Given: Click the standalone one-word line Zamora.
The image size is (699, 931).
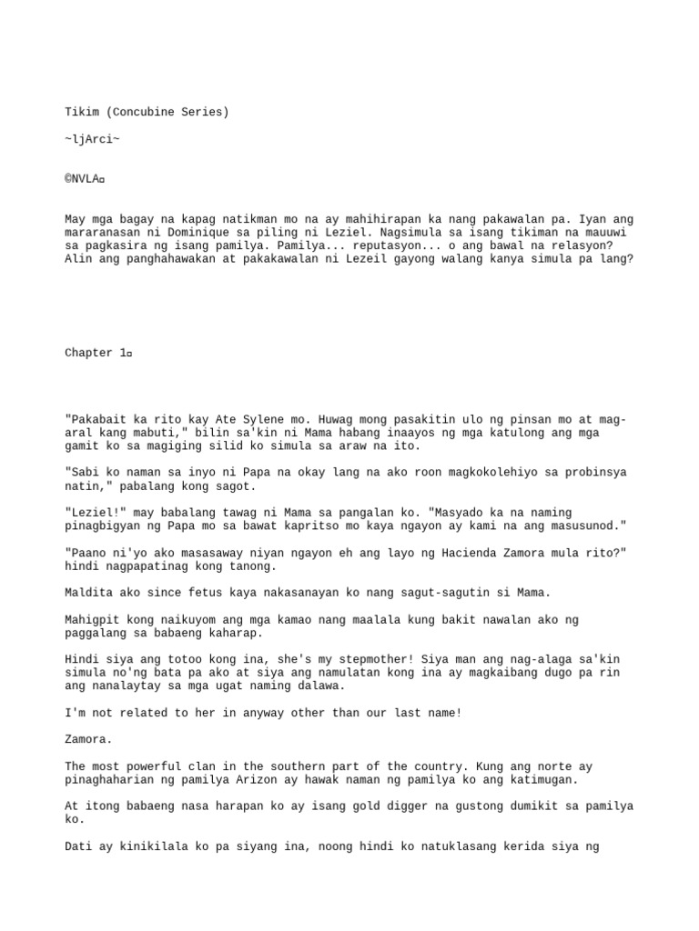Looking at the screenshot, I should [85, 740].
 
